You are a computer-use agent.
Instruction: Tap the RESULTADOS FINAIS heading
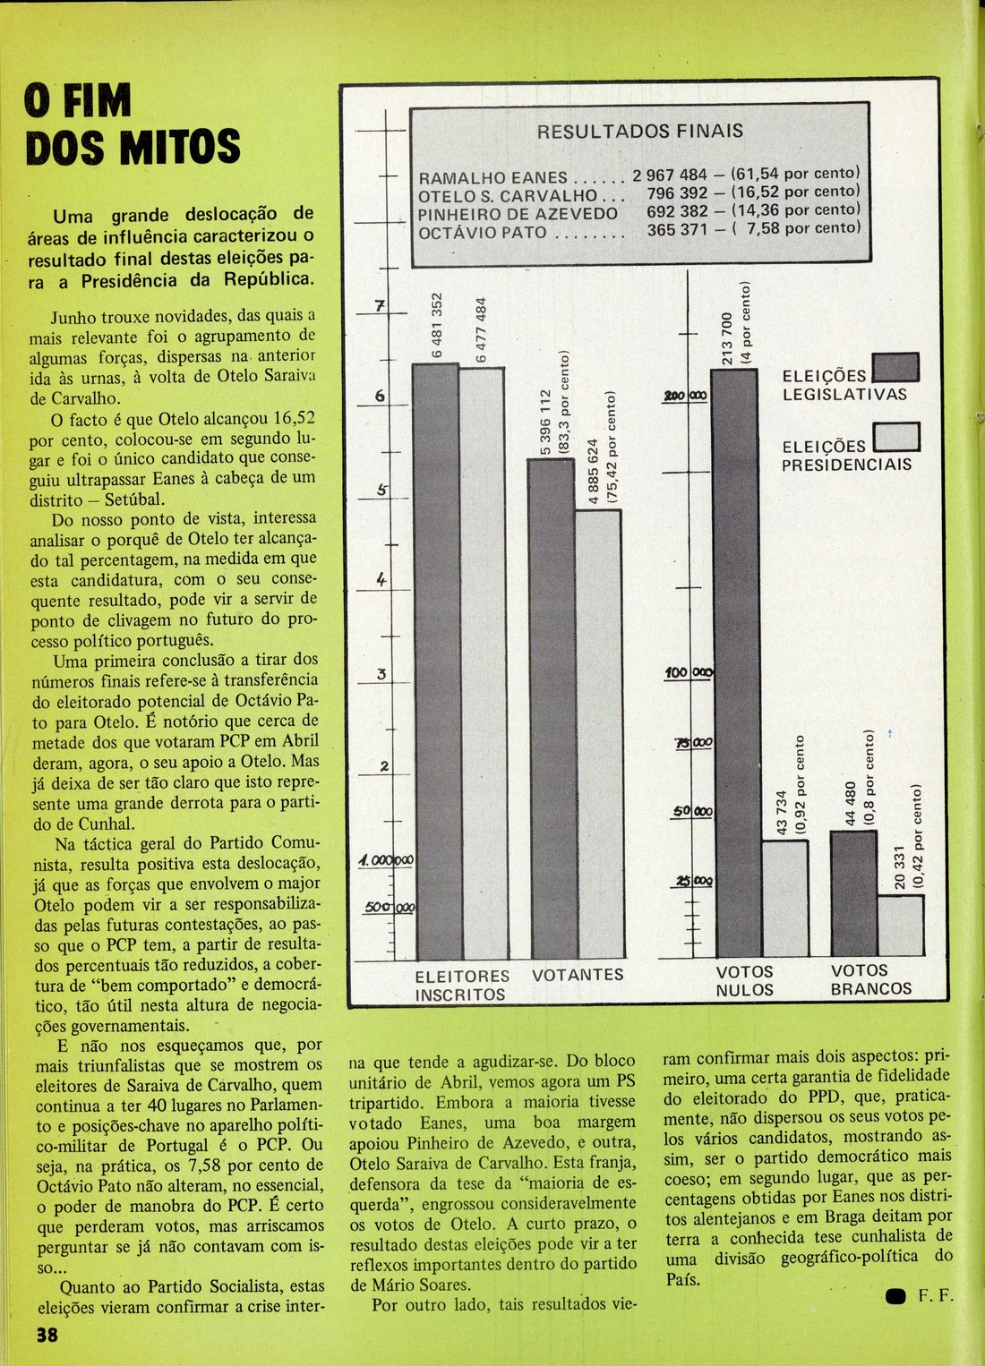click(639, 131)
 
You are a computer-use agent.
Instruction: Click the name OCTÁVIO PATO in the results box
click(482, 232)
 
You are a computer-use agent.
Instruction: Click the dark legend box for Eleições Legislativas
click(895, 369)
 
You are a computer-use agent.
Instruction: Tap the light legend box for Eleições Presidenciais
click(895, 436)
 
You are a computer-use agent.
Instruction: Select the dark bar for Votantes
click(551, 707)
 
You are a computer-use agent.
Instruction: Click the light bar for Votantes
click(597, 734)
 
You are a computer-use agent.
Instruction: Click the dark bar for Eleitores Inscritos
click(435, 662)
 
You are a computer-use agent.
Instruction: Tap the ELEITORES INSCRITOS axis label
click(461, 985)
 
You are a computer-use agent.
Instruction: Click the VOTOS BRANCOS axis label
click(870, 979)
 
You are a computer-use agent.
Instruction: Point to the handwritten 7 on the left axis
click(380, 306)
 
